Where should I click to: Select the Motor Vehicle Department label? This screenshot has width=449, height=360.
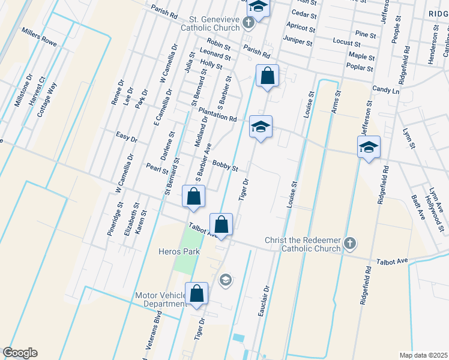[161, 299]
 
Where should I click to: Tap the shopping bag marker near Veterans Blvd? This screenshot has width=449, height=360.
[196, 294]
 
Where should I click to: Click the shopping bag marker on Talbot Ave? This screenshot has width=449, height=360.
[221, 225]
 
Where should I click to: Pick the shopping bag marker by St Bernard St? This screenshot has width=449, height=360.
[193, 197]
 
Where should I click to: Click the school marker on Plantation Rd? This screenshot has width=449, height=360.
[261, 127]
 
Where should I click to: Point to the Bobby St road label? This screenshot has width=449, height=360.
[226, 165]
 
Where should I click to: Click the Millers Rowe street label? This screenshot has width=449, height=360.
[38, 37]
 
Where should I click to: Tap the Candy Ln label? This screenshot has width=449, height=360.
[386, 90]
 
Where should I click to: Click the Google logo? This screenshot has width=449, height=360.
[20, 353]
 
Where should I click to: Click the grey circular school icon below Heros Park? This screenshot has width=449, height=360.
[225, 279]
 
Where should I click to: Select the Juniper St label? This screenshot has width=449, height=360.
[300, 43]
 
